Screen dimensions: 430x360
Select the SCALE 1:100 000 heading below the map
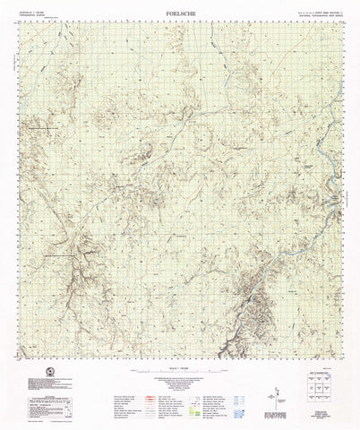[180, 370]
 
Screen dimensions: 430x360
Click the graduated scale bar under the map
[180, 375]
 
